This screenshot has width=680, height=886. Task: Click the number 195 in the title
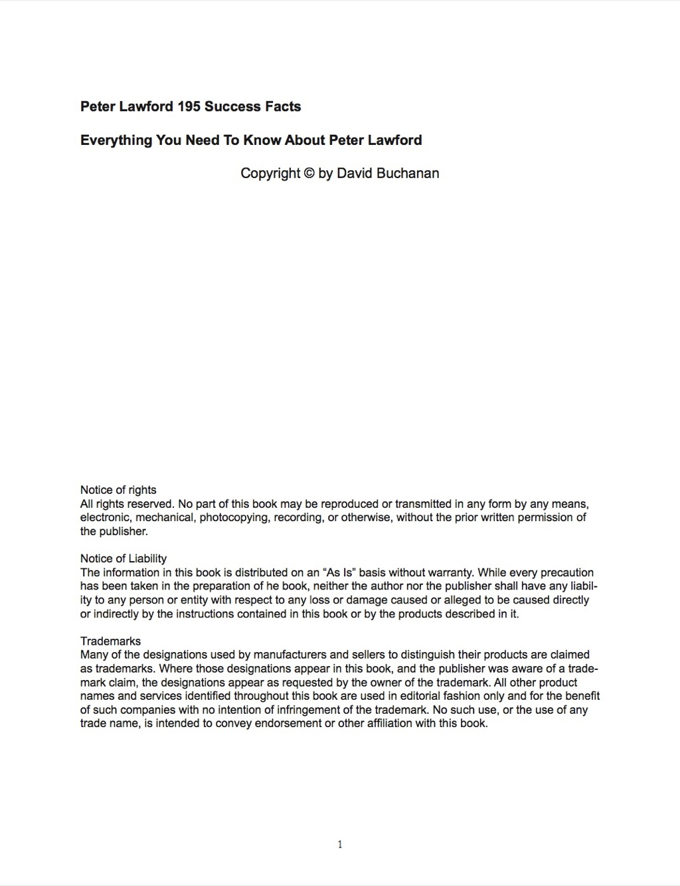click(x=189, y=106)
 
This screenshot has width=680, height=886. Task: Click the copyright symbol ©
click(x=309, y=173)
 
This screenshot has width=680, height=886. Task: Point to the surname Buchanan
click(x=407, y=173)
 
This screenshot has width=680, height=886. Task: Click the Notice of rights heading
click(x=118, y=490)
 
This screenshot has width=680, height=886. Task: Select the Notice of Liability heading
click(x=124, y=558)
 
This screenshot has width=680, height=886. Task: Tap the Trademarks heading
click(x=110, y=641)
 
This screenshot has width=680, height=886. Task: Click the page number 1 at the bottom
click(x=340, y=845)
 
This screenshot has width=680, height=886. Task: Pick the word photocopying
click(x=235, y=517)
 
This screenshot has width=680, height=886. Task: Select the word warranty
click(x=448, y=572)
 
